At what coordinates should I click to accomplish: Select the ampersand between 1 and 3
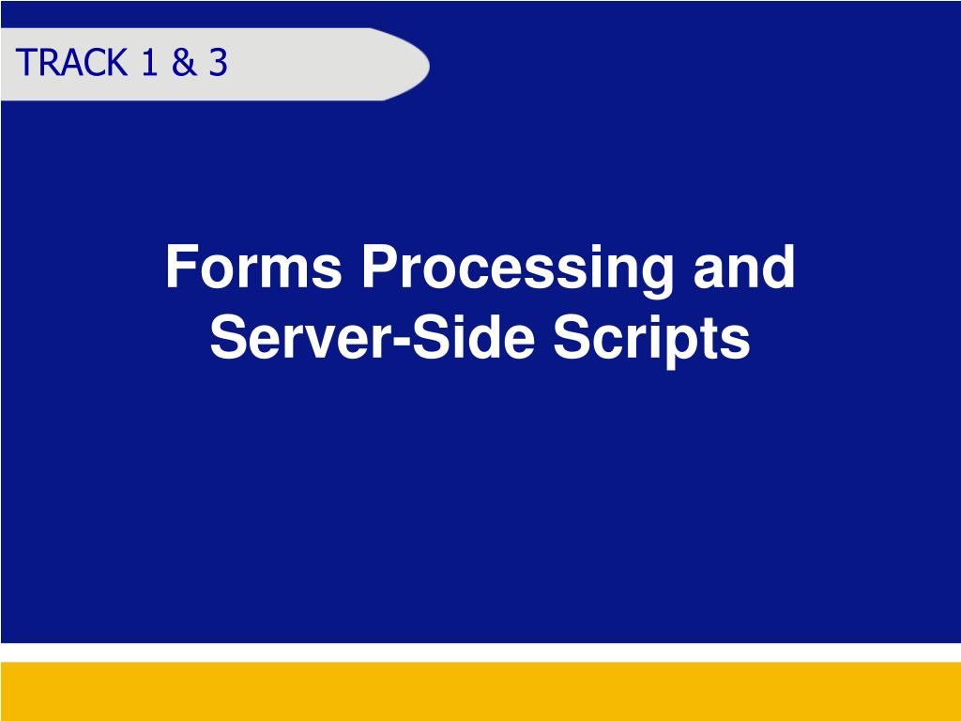tap(181, 63)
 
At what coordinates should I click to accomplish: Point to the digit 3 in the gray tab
tap(218, 63)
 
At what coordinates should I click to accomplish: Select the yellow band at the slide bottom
tap(480, 690)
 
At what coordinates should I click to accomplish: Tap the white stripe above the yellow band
tap(480, 652)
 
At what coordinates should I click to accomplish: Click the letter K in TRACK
tap(117, 63)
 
